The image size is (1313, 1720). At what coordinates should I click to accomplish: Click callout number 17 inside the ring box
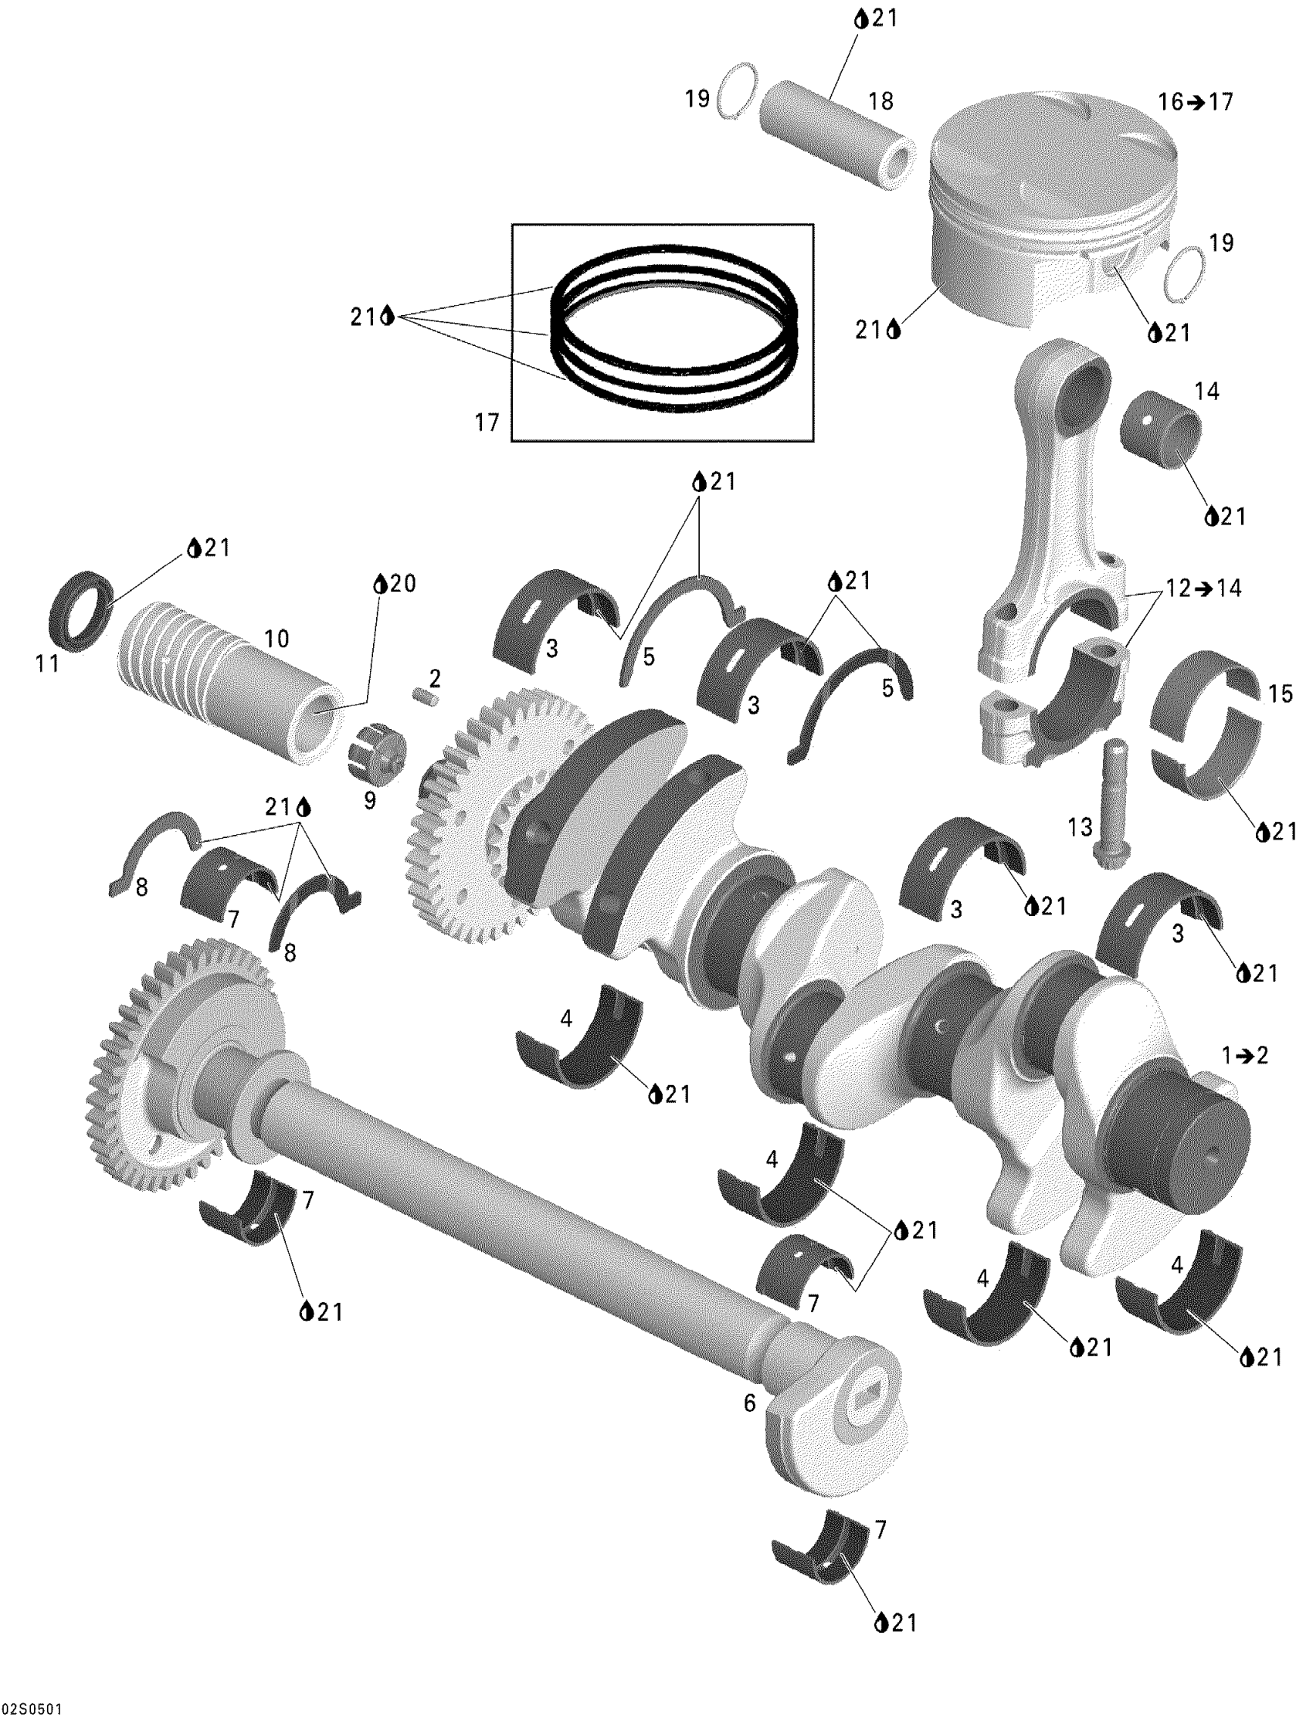[x=487, y=422]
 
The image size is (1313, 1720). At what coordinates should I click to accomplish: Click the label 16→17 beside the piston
[x=1195, y=102]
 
